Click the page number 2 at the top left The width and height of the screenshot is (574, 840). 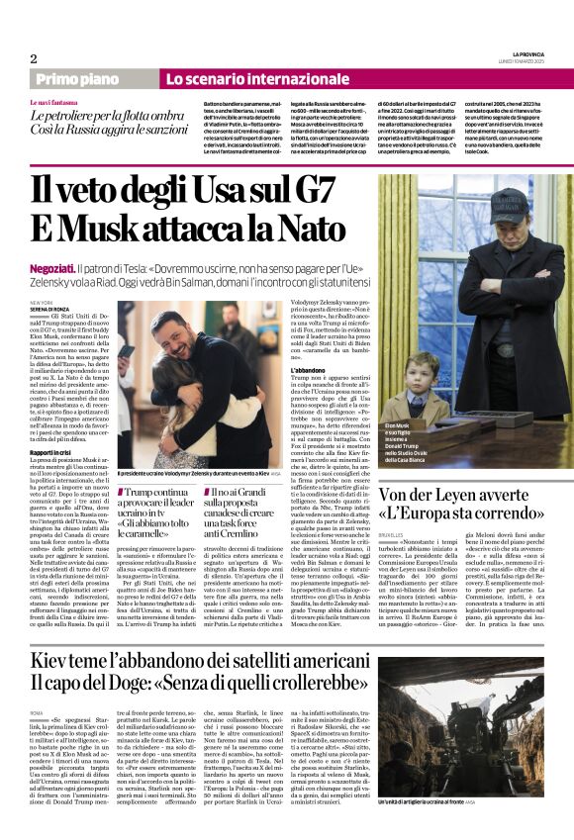[33, 58]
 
